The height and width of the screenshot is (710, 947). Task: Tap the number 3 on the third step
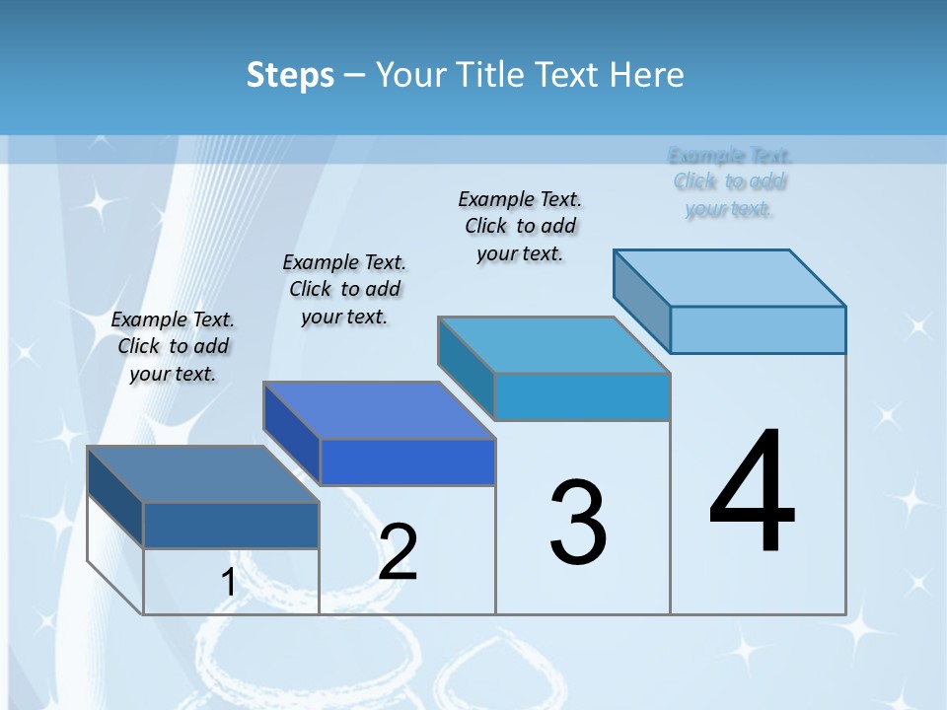tap(578, 523)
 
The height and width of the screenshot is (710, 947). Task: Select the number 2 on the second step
tap(398, 552)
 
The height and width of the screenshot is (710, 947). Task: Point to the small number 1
tap(229, 583)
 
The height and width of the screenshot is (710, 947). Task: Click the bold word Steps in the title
tap(290, 75)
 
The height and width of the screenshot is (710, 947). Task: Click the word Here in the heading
tap(647, 75)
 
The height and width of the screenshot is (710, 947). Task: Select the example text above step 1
tap(173, 346)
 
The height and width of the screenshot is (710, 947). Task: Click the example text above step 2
tap(344, 289)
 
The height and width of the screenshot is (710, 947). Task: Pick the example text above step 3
tap(520, 226)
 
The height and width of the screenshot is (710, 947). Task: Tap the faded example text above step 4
tap(730, 181)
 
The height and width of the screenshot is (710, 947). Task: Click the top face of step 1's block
tap(202, 474)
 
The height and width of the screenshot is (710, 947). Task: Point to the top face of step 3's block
tap(553, 345)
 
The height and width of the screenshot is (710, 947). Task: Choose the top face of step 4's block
tap(729, 277)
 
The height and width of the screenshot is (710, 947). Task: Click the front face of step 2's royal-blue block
tap(407, 462)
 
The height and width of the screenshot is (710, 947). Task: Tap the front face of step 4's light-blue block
tap(758, 329)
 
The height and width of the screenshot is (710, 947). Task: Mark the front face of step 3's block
tap(582, 396)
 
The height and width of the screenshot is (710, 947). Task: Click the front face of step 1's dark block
tap(231, 526)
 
